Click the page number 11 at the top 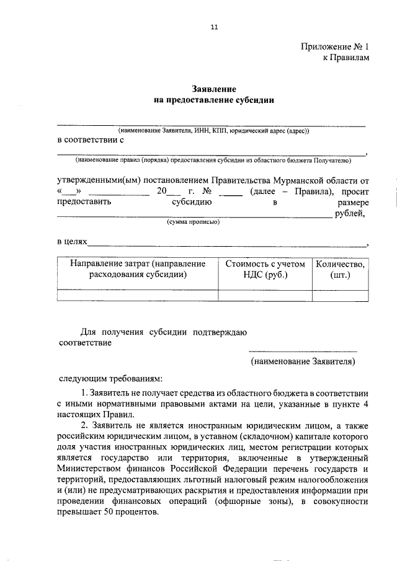coord(214,27)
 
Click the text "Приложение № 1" coord(335,46)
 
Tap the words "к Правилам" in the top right coord(346,58)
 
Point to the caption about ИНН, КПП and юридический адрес coord(213,131)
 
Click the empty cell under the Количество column coord(341,296)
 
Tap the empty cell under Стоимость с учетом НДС coord(265,296)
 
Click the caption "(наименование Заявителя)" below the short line coord(303,361)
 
